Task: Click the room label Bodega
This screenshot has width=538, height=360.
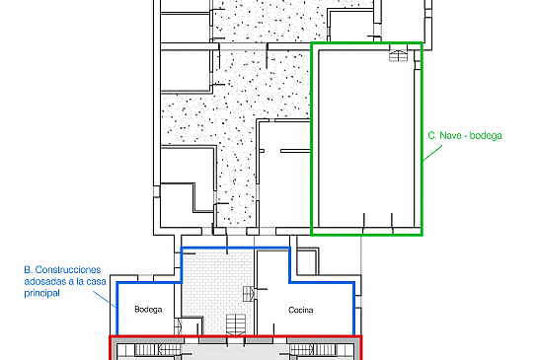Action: pyautogui.click(x=148, y=310)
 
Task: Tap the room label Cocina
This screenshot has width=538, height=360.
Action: pyautogui.click(x=300, y=310)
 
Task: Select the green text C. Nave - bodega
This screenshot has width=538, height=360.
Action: pyautogui.click(x=465, y=135)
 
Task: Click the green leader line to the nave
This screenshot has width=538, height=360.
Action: pyautogui.click(x=432, y=153)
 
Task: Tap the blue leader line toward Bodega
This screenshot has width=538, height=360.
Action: pyautogui.click(x=105, y=299)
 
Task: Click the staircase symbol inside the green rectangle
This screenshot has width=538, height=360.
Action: pyautogui.click(x=398, y=55)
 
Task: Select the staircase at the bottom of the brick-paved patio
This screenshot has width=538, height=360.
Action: pyautogui.click(x=236, y=324)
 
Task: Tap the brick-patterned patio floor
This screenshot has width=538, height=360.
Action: pyautogui.click(x=217, y=281)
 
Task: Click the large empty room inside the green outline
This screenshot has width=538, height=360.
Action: pyautogui.click(x=366, y=137)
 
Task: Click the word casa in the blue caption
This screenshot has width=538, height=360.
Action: pyautogui.click(x=96, y=281)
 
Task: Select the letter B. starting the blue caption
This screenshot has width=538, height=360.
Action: pyautogui.click(x=29, y=270)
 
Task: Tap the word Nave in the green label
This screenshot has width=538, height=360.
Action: pyautogui.click(x=450, y=135)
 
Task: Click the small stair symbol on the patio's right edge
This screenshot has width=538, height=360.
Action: pyautogui.click(x=249, y=294)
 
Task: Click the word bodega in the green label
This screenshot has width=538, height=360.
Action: pyautogui.click(x=486, y=136)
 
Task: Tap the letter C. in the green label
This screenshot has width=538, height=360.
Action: pyautogui.click(x=432, y=135)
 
